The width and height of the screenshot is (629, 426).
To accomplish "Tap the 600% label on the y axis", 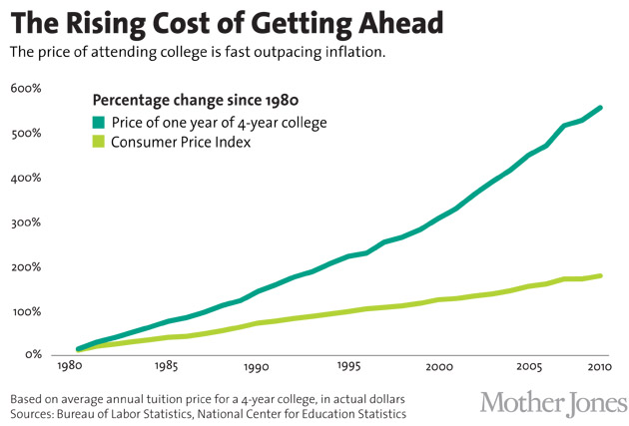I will [26, 89].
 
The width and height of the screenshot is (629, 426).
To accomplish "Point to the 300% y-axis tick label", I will [26, 222].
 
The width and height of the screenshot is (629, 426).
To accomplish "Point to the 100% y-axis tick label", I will [26, 311].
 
